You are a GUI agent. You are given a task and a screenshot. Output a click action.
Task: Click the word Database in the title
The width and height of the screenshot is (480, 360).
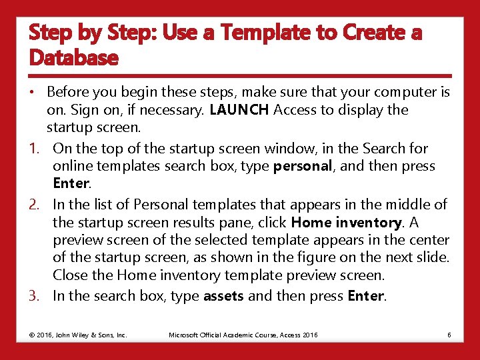[x=73, y=58]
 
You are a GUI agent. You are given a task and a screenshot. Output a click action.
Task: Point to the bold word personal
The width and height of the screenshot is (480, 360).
[x=303, y=166]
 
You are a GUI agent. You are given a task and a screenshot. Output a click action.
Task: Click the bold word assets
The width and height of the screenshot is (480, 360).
[x=223, y=296]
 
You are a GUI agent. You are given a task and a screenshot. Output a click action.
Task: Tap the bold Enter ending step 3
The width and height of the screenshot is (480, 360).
[x=366, y=296]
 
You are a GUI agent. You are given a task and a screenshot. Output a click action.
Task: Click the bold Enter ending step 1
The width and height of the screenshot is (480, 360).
[x=71, y=183]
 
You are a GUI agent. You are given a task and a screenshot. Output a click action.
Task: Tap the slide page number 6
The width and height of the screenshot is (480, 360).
[x=449, y=335]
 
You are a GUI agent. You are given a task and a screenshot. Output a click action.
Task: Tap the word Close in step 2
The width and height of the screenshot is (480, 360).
[x=70, y=275]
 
